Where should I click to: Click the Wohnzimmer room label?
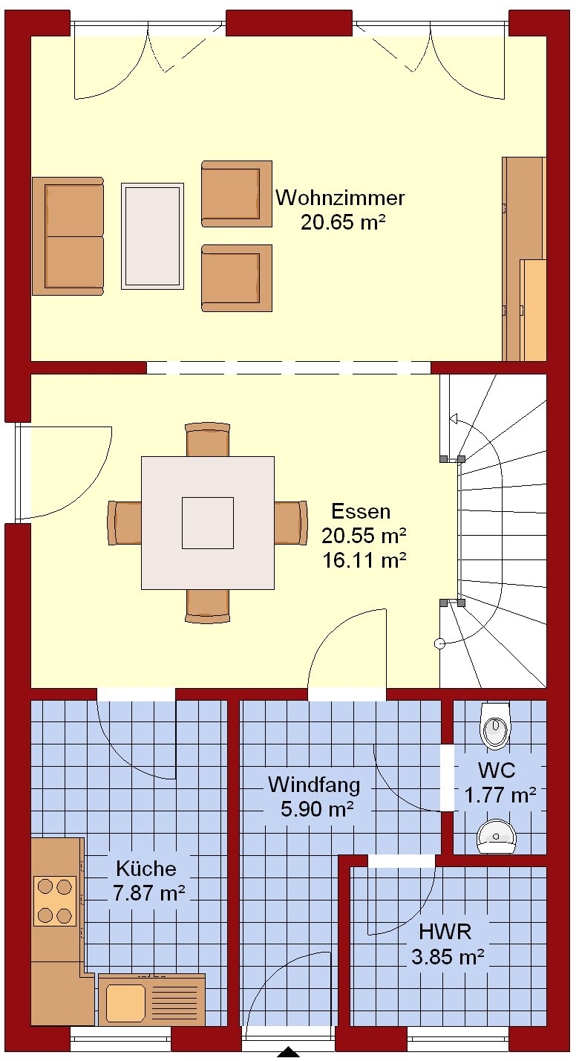[x=340, y=198]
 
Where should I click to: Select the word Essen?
[x=361, y=511]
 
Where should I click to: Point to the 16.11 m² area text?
[x=364, y=560]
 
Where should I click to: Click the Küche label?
[x=146, y=869]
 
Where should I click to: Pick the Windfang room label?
[x=314, y=785]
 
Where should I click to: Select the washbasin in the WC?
[x=496, y=838]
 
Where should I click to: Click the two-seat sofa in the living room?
[x=68, y=236]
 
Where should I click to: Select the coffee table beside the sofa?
[x=152, y=236]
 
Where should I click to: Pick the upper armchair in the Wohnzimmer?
[x=237, y=194]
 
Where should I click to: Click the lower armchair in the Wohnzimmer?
[x=237, y=278]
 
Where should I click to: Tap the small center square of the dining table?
[x=208, y=523]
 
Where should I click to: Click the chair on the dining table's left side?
[x=125, y=523]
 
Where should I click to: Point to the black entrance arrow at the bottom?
[x=288, y=1054]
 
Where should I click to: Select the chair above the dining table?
[x=208, y=440]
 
